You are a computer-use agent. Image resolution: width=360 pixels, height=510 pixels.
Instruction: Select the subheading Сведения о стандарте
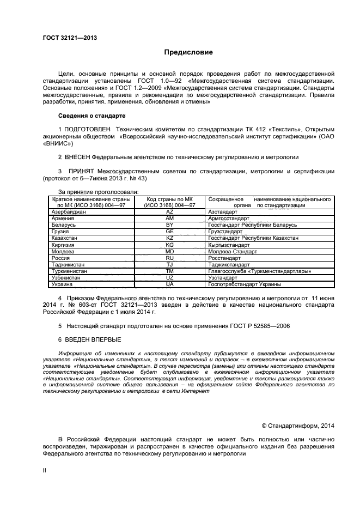[x=92, y=116]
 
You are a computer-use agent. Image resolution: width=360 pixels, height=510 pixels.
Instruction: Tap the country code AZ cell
[x=169, y=211]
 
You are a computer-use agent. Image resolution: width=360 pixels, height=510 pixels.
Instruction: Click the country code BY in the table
[x=169, y=224]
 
